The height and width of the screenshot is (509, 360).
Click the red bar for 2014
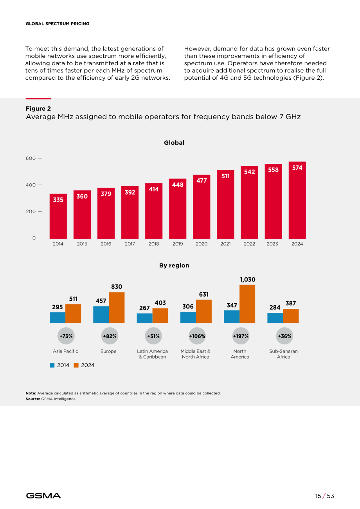click(58, 216)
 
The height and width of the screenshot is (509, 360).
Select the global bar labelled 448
click(178, 209)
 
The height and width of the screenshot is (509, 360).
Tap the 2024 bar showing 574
click(297, 200)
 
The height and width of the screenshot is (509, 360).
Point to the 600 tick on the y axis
click(40, 158)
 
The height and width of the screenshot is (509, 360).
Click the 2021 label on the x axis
click(225, 244)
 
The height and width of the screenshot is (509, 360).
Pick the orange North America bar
click(247, 304)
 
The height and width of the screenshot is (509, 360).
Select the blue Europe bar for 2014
click(101, 315)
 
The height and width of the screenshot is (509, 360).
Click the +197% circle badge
click(241, 336)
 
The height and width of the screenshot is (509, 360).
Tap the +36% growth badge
click(284, 336)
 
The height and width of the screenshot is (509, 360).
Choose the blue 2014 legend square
click(52, 365)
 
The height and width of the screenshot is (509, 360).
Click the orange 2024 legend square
click(76, 365)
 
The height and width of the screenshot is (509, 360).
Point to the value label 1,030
click(248, 280)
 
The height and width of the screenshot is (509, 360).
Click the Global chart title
click(174, 143)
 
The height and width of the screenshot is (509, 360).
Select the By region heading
click(174, 265)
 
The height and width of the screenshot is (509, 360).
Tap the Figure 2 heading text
click(38, 109)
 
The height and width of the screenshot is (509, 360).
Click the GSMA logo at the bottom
click(43, 496)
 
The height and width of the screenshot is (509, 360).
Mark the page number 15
click(318, 496)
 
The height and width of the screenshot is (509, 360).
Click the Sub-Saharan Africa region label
click(283, 354)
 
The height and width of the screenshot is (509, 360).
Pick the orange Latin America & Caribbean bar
click(160, 315)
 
